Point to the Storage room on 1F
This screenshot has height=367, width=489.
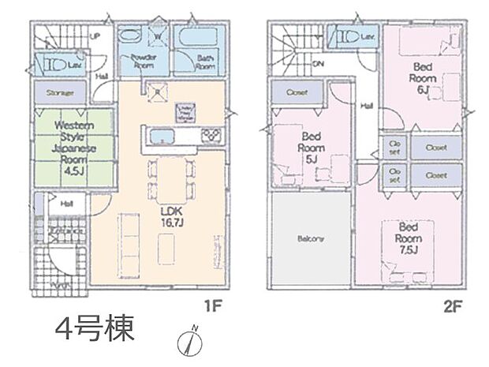click(x=60, y=93)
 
